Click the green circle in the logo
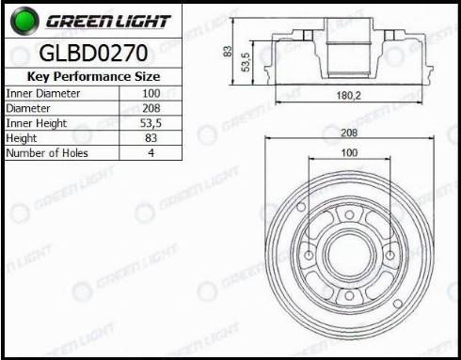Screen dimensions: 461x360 pos(24,21)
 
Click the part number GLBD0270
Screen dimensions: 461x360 pos(93,53)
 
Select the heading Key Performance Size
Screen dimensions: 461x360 pos(93,76)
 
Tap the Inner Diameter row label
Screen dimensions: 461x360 pos(43,93)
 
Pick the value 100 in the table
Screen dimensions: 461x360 pos(151,93)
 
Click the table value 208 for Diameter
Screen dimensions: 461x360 pos(151,108)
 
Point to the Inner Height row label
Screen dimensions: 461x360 pos(37,123)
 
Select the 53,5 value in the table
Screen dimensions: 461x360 pos(151,123)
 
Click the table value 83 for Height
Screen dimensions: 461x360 pos(151,138)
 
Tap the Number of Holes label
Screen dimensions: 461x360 pos(47,153)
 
